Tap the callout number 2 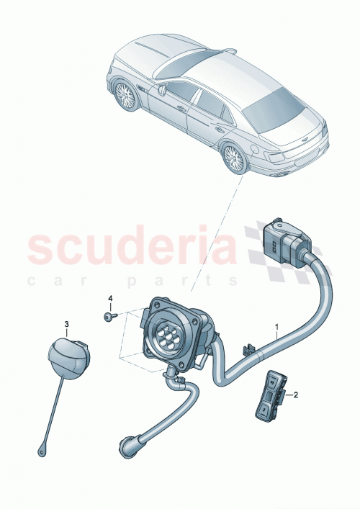[x=295, y=395]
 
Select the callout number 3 [x=66, y=325]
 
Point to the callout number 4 [x=110, y=298]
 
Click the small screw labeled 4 [x=107, y=316]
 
